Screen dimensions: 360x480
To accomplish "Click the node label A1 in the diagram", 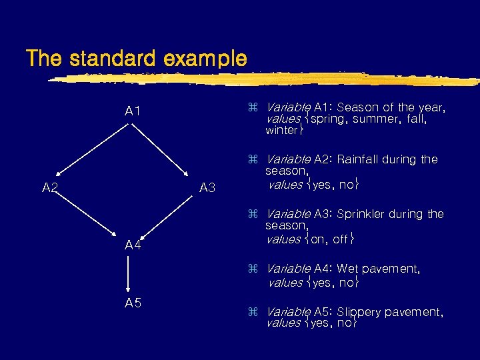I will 133,111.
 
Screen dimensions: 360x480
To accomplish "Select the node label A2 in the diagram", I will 50,188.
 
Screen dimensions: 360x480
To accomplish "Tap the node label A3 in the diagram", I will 207,189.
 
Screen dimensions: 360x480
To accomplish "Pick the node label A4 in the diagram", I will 133,245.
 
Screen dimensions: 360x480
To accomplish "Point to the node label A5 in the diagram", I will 133,303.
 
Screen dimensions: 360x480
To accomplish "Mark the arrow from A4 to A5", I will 127,274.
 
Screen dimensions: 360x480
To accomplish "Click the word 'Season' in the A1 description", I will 357,107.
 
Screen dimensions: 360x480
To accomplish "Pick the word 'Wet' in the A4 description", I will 348,269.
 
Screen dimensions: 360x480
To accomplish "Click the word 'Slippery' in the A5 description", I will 359,312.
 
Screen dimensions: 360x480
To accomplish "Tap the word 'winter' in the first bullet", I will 282,130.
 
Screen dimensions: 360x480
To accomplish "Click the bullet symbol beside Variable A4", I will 253,269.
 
